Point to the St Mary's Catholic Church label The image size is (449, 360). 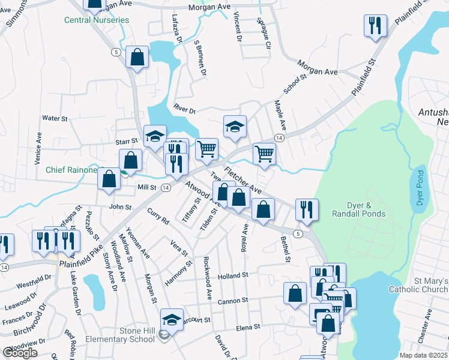423,285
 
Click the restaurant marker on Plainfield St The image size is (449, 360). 375,26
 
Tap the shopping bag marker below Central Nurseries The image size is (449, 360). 137,58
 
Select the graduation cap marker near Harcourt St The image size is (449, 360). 172,319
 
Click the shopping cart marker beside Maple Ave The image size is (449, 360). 264,154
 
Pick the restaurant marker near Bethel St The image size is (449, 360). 306,209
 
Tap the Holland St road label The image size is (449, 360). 233,275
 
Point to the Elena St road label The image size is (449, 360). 247,328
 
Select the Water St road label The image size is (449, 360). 55,119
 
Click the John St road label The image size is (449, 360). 120,207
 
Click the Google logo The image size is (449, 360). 20,353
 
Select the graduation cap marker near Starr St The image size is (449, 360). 154,136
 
